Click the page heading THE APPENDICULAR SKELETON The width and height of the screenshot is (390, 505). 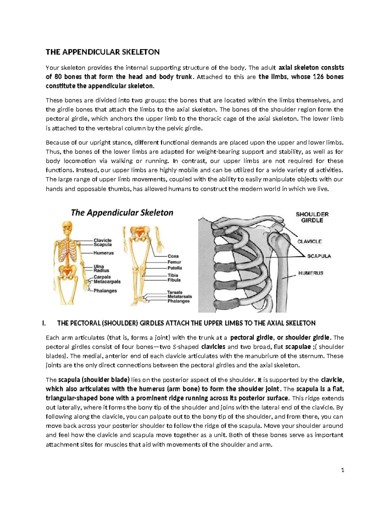click(x=102, y=52)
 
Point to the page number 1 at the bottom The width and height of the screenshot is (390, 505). click(x=343, y=470)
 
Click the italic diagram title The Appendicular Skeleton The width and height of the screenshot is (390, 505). click(x=122, y=213)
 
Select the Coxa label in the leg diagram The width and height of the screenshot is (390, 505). click(x=173, y=256)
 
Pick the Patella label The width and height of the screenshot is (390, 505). click(x=175, y=268)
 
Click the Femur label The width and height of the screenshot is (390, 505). click(x=174, y=262)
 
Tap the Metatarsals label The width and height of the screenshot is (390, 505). click(x=179, y=297)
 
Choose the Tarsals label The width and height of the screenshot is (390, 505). click(x=175, y=292)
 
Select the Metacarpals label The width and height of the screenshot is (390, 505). click(x=107, y=282)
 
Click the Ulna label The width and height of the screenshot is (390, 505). click(x=99, y=266)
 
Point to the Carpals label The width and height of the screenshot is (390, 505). click(x=102, y=277)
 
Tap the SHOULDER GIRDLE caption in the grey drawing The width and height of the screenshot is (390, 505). click(x=312, y=217)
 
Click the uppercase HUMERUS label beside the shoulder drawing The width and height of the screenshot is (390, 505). click(x=311, y=273)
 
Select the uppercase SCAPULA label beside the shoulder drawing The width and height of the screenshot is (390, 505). click(x=319, y=256)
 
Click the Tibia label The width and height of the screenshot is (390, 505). click(x=173, y=275)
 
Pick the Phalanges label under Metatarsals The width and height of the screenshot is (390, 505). click(x=178, y=301)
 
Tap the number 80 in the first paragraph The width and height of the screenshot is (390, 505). click(x=58, y=77)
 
